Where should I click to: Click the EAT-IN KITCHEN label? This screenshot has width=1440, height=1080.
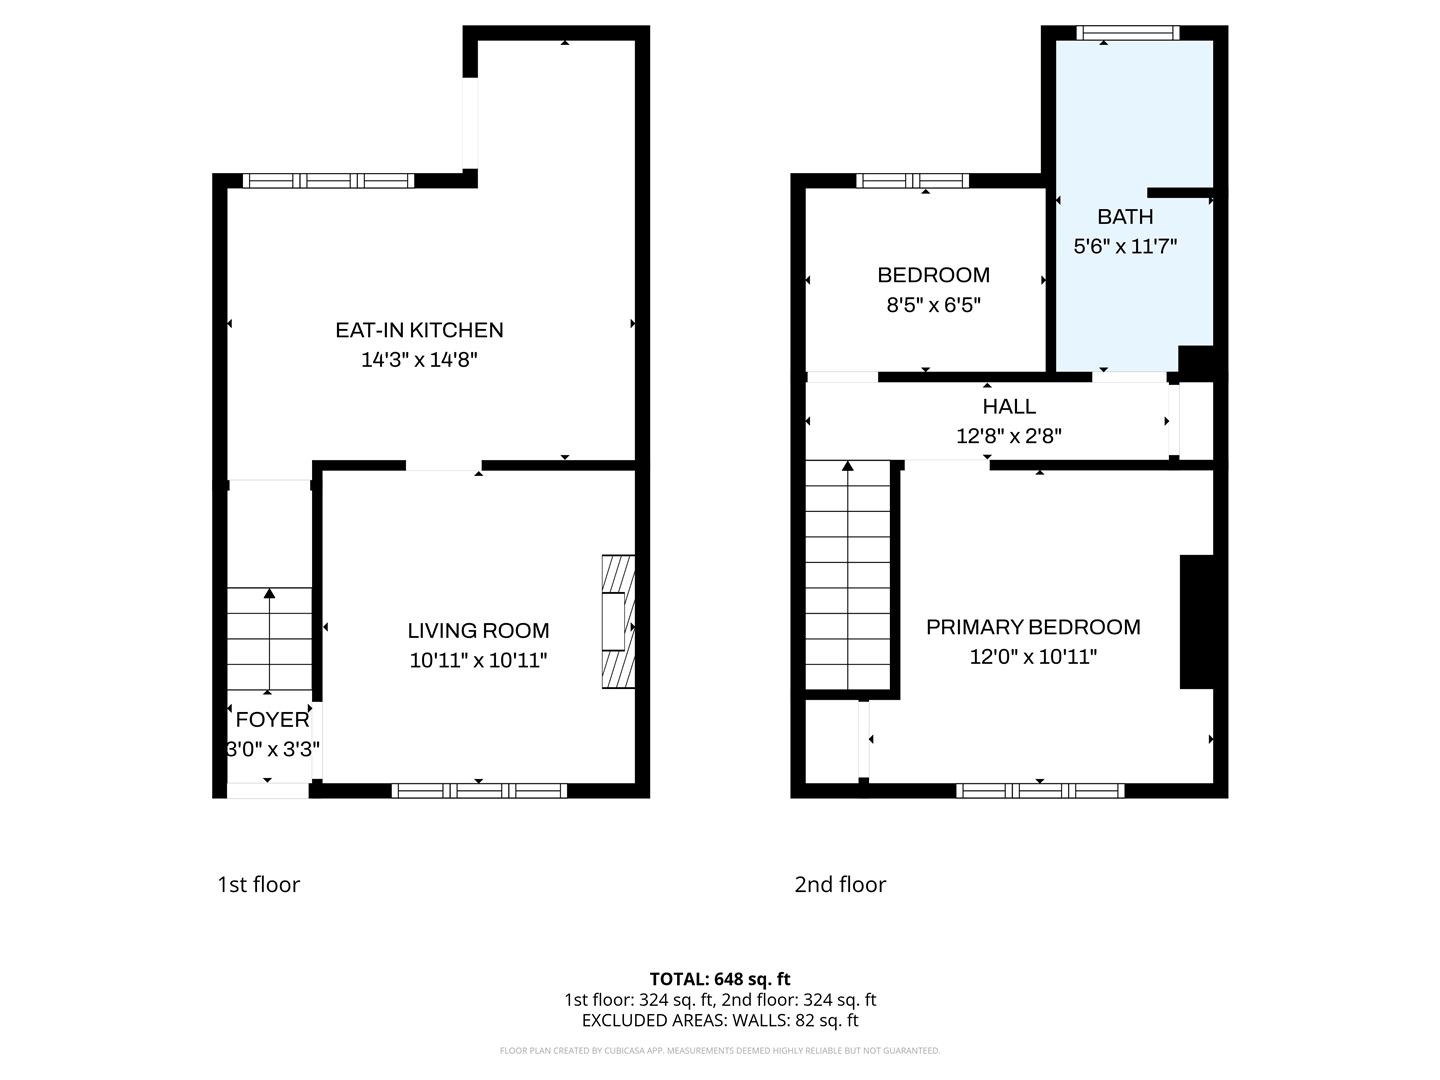tap(419, 330)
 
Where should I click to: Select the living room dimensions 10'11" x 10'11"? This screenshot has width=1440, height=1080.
tap(478, 660)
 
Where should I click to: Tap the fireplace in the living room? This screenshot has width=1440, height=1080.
tap(617, 622)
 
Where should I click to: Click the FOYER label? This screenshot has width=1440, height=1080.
tap(272, 719)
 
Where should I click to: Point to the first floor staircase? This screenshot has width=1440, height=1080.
tap(269, 640)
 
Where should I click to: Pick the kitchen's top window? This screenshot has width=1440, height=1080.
tap(329, 181)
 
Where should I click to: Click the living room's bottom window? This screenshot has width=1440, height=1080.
tap(479, 790)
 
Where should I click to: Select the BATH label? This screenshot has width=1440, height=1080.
tap(1125, 216)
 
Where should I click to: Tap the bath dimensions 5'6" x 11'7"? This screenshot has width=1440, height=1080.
tap(1125, 246)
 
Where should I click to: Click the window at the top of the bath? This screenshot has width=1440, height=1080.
tap(1127, 33)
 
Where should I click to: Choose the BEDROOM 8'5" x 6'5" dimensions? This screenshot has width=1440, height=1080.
tap(933, 305)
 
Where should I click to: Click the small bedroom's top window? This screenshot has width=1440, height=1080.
tap(912, 181)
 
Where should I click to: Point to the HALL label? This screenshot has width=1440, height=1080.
tap(1009, 406)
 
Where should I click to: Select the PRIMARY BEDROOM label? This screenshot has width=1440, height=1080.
tap(1033, 627)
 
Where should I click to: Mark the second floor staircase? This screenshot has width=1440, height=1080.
tap(848, 575)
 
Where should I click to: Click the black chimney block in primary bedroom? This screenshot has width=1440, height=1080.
tap(1196, 621)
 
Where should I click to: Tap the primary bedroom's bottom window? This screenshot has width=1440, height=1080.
tap(1040, 790)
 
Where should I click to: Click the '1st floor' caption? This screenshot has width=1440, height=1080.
tap(258, 884)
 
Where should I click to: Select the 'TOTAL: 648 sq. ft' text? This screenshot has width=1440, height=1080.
tap(720, 979)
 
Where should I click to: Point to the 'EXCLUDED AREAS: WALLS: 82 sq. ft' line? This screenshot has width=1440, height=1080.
tap(720, 1020)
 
